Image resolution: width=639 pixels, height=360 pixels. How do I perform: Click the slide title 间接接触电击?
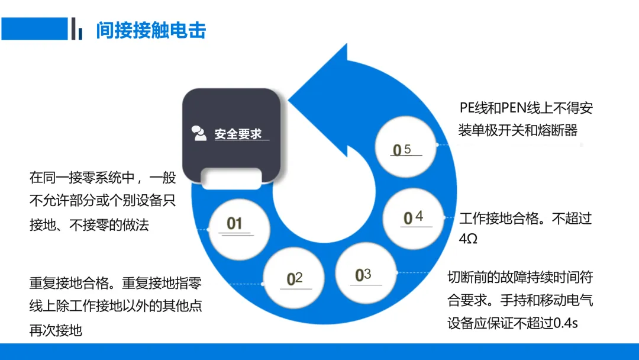151,30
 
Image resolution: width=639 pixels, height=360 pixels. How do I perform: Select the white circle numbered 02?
294,279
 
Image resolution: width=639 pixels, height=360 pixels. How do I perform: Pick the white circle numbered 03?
366,274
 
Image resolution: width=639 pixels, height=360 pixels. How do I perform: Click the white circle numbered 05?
408,149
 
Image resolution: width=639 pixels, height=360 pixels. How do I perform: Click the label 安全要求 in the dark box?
238,134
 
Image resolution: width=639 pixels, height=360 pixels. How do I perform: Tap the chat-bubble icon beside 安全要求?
199,134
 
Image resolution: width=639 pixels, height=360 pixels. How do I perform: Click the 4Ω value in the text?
468,239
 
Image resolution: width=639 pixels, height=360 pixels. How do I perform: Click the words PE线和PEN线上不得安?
526,108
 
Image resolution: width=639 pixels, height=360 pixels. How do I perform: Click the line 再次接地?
56,330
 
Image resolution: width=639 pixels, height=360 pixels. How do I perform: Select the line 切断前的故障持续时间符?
520,277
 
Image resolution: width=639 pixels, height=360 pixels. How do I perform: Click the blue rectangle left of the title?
34,28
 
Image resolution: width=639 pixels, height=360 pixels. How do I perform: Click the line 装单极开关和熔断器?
518,130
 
